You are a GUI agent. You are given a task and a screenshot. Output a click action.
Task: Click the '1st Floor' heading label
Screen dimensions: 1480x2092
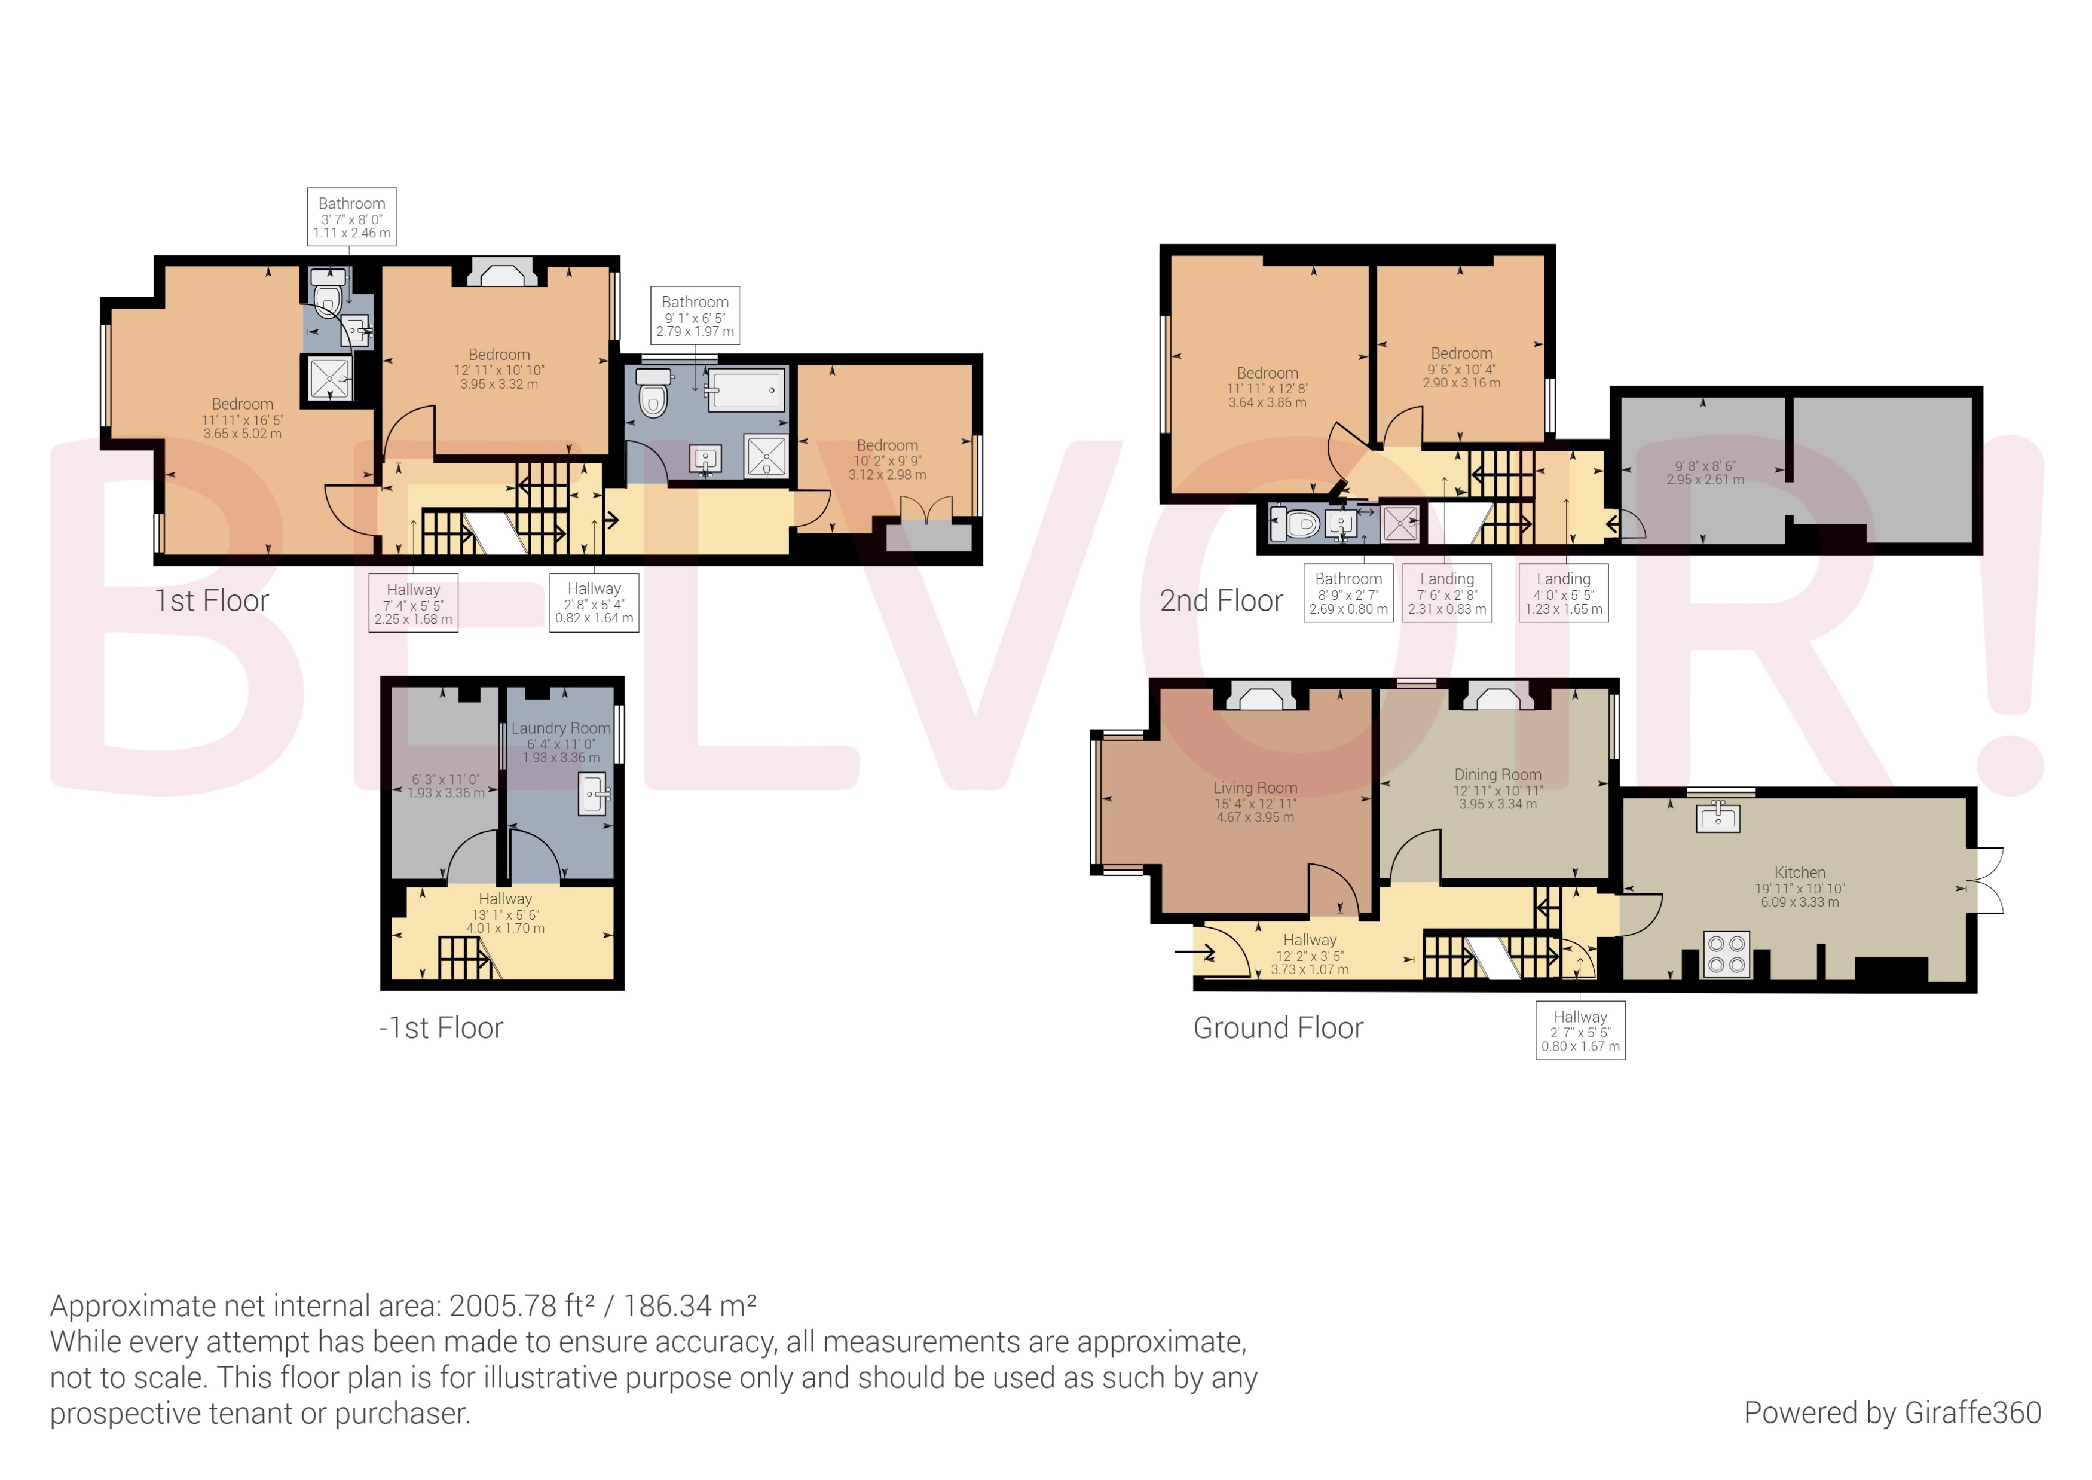click(212, 600)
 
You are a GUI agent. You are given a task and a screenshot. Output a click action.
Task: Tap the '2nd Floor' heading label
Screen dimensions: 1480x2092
click(1221, 600)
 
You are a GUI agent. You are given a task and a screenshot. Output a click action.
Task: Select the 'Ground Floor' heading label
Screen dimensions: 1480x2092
click(1277, 1028)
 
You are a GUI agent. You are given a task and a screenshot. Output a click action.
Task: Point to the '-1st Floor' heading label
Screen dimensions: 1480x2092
click(441, 1028)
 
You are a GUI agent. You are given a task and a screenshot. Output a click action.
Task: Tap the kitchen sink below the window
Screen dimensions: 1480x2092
click(1717, 817)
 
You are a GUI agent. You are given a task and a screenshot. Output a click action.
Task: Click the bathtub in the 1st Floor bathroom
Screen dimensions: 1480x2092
click(746, 391)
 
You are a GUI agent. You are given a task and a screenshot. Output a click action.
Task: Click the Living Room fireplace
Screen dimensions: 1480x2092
click(1259, 697)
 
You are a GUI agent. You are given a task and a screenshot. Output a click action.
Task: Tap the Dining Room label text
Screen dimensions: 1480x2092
click(1497, 774)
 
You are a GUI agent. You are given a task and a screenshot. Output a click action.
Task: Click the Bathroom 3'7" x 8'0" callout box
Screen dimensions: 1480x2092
click(351, 217)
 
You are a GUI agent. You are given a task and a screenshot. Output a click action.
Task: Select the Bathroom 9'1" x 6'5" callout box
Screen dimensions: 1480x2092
click(695, 315)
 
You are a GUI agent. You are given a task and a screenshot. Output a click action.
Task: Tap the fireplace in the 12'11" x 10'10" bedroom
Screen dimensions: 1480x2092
click(497, 273)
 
